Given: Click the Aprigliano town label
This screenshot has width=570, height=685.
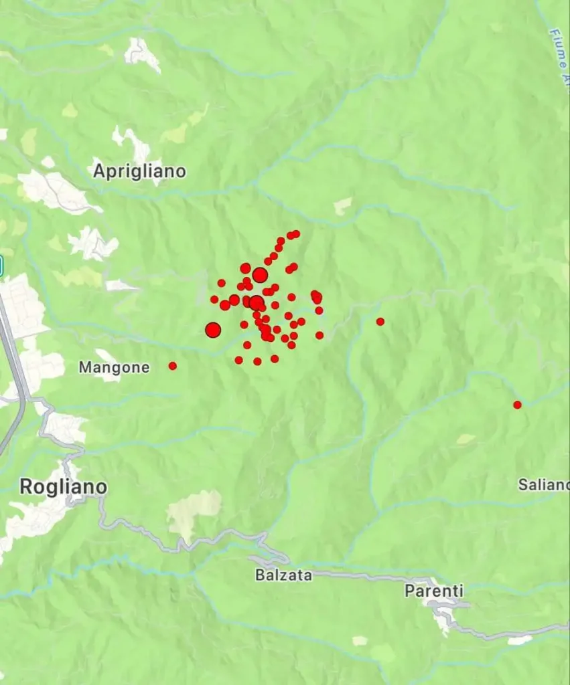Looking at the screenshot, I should coord(139,171).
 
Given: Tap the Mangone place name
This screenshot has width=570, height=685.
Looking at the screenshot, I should coord(114,367).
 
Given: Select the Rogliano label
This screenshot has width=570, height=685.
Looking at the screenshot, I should coord(63,486).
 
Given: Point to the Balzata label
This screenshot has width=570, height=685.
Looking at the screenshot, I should coord(283,575).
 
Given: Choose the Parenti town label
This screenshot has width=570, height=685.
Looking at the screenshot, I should coord(433,591).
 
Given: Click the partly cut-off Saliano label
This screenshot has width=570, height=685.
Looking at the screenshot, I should coord(543,484).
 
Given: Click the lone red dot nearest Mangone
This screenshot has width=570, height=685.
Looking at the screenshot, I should coord(173,366).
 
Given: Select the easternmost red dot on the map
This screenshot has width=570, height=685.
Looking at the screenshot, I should coord(517,405).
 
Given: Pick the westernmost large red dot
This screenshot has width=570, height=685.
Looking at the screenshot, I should coord(213,330).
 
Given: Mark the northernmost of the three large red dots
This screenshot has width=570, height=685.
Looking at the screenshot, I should coord(260,275).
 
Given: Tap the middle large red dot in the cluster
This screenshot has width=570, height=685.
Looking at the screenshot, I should coord(256,303).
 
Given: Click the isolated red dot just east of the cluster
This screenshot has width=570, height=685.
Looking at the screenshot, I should coord(380,322).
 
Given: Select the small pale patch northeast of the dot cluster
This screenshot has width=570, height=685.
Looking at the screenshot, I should coord(343,205).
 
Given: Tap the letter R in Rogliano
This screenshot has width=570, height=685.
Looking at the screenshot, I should coord(27,486).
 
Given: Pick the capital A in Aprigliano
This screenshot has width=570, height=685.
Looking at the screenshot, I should coord(99,171).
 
